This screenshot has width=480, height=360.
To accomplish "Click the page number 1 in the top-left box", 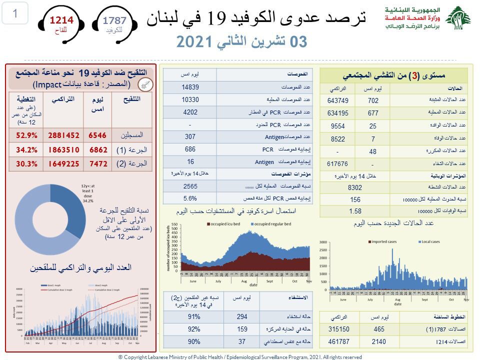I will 15,13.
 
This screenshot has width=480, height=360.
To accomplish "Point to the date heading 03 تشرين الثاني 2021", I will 241,42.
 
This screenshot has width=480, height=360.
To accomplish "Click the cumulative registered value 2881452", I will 63,135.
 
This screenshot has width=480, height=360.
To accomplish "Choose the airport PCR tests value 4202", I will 190,111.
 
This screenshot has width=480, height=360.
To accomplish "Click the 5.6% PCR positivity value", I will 190,198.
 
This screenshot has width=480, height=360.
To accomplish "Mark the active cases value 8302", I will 354,188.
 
